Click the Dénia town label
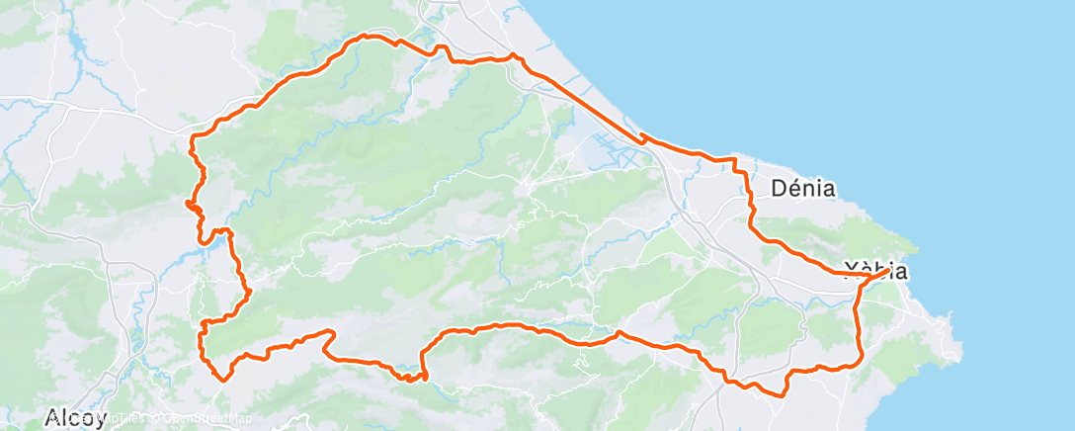coord(802,187)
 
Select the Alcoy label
coord(75,418)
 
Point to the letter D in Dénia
coord(778,187)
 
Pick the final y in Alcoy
coord(100,420)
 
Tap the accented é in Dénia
coord(793,187)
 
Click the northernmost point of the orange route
coord(368,36)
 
